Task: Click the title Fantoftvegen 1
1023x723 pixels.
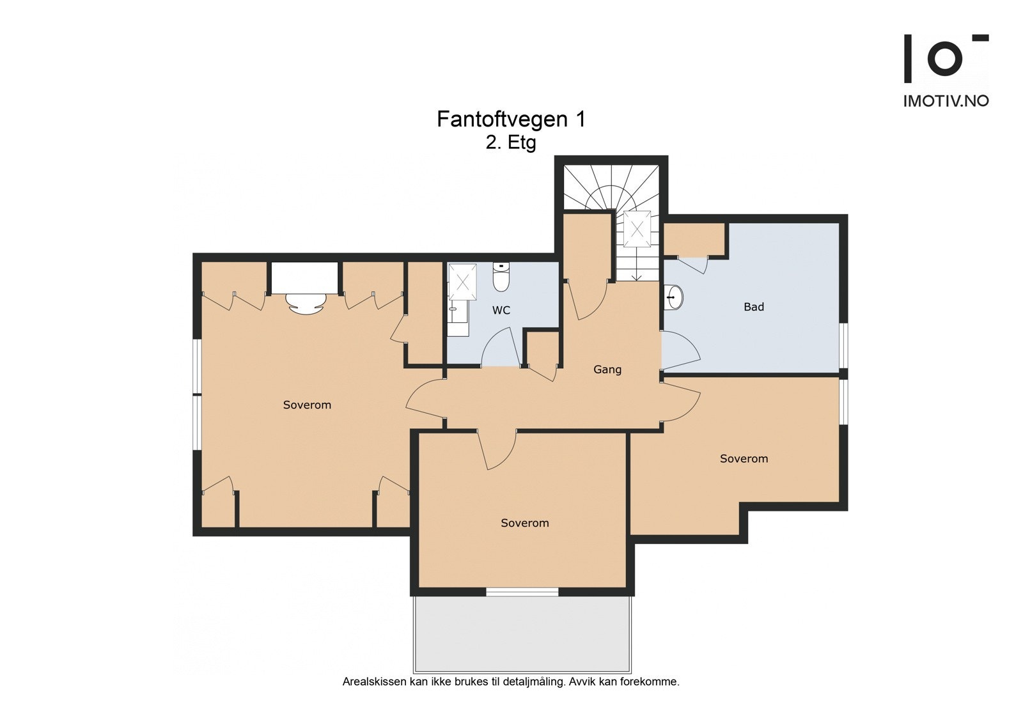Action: click(511, 119)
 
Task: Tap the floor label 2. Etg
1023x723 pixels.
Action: click(511, 143)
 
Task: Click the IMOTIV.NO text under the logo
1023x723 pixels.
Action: click(946, 102)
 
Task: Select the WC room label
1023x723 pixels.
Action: click(501, 310)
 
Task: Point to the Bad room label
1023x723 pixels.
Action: click(754, 307)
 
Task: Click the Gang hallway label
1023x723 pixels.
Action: click(607, 369)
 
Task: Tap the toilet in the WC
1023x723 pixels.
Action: click(501, 277)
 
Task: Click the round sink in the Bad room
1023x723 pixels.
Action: click(674, 297)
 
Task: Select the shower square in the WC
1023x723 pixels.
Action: click(463, 282)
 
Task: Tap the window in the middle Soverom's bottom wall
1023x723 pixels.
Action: click(522, 592)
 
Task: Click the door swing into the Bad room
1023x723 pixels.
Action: click(681, 350)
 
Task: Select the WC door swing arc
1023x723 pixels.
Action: click(501, 346)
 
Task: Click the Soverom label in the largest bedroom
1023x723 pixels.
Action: click(307, 405)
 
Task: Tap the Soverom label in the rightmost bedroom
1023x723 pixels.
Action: click(744, 458)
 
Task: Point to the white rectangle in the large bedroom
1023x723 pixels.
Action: click(304, 278)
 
